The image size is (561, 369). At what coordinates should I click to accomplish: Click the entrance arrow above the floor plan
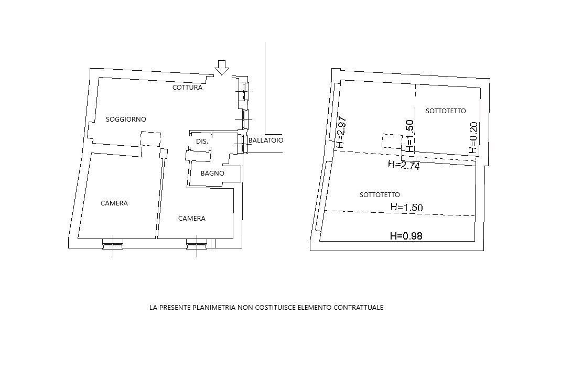[222, 68]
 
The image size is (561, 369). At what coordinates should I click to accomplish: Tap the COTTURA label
[188, 87]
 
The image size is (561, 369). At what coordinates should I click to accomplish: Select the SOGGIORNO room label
[126, 119]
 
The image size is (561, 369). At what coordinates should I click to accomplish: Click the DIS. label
[202, 141]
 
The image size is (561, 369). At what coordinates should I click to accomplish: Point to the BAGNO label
[212, 173]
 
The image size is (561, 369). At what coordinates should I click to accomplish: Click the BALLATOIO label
[266, 140]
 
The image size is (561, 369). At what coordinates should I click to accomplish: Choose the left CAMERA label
[114, 203]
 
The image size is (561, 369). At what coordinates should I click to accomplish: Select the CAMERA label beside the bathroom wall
[192, 218]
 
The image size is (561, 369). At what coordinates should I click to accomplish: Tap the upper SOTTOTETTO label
[446, 111]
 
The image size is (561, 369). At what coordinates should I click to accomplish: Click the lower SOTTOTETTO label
[380, 195]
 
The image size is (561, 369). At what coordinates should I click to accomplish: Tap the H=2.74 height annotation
[404, 165]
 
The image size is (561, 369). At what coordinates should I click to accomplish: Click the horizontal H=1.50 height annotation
[407, 207]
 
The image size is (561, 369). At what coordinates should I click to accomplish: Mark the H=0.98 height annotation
[406, 236]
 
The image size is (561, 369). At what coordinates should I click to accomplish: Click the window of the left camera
[113, 244]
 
